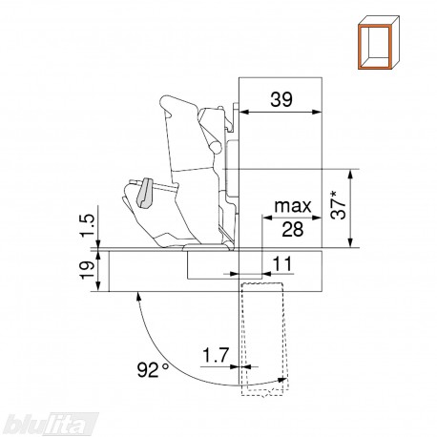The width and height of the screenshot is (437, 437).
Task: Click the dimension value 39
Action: coord(281,99)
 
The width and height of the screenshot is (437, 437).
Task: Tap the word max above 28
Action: coord(293,206)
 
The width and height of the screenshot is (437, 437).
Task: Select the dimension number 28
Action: coord(293,229)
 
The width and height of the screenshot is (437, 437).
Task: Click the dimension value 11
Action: coord(282,264)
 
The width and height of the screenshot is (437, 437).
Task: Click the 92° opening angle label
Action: coord(153,369)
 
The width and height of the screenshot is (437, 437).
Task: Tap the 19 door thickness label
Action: coord(88,270)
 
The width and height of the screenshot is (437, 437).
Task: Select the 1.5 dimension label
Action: coord(88,226)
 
